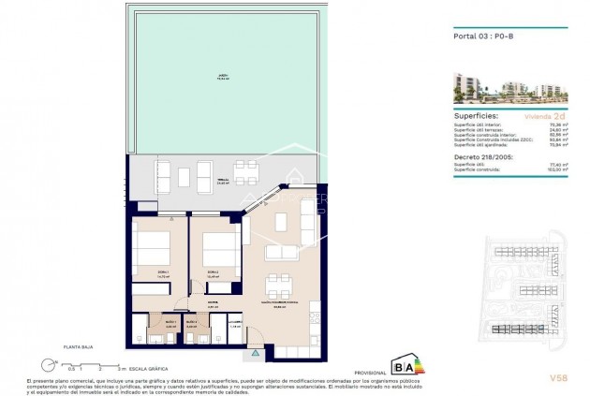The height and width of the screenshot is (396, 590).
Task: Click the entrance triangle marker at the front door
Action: pyautogui.click(x=224, y=353)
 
